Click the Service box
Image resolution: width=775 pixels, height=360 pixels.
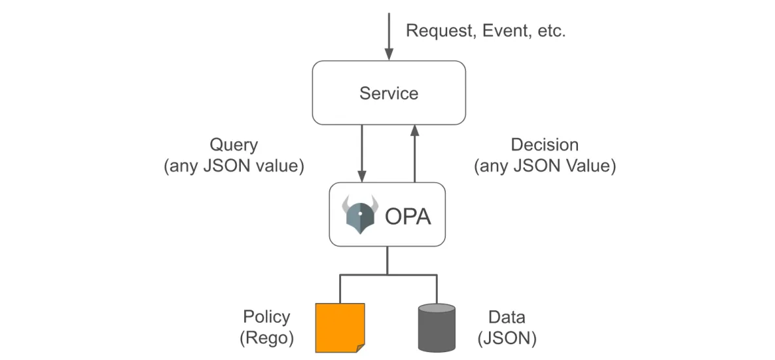(x=389, y=93)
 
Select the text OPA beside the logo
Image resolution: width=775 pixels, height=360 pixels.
(x=408, y=217)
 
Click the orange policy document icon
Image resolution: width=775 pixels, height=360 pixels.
(x=340, y=327)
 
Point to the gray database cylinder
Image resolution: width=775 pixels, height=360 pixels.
(x=437, y=327)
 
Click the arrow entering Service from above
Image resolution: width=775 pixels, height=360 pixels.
(x=389, y=37)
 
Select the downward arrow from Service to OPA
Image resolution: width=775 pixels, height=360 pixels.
(x=362, y=153)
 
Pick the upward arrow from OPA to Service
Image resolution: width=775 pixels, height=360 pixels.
(x=415, y=153)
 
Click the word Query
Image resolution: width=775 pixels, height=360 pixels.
(x=234, y=145)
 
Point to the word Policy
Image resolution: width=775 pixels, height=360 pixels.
(x=266, y=317)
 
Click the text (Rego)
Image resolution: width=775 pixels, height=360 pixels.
(x=266, y=339)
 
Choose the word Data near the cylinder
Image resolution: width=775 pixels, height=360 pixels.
(x=507, y=317)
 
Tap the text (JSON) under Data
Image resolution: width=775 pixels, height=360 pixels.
(x=507, y=339)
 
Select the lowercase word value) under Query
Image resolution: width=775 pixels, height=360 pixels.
(x=279, y=166)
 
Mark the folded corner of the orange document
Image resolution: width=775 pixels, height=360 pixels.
(x=360, y=348)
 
